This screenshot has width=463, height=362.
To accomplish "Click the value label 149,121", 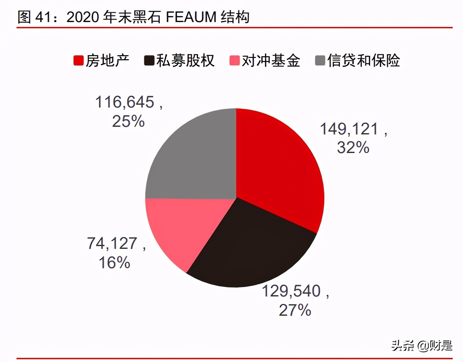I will pyautogui.click(x=349, y=129).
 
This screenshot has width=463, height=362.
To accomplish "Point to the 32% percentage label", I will pyautogui.click(x=353, y=148).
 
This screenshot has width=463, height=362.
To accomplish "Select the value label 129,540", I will pyautogui.click(x=292, y=291).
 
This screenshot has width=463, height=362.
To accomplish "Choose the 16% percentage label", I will pyautogui.click(x=115, y=263).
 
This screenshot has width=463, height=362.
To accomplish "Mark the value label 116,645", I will pyautogui.click(x=125, y=102).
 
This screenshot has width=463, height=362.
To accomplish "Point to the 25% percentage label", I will pyautogui.click(x=128, y=121).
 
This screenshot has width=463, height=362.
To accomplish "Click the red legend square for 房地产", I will pyautogui.click(x=78, y=61).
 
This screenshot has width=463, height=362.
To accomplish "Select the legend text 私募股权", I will pyautogui.click(x=185, y=61).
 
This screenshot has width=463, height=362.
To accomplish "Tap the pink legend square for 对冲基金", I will pyautogui.click(x=234, y=61).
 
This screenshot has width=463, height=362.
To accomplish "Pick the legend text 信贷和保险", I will pyautogui.click(x=363, y=61).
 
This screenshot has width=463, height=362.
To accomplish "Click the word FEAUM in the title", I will pyautogui.click(x=191, y=17).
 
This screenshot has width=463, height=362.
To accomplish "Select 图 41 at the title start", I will pyautogui.click(x=34, y=17).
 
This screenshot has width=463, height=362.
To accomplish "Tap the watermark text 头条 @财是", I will pyautogui.click(x=422, y=345).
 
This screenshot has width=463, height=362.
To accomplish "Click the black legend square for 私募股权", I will pyautogui.click(x=149, y=61).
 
